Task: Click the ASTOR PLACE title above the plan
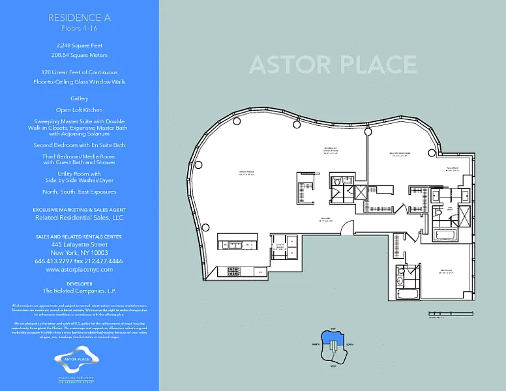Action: pos(333,65)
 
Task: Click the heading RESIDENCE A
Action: pos(80,18)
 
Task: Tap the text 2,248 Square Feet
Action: pos(80,46)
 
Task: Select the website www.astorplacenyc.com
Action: pos(80,269)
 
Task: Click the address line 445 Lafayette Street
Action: pos(80,244)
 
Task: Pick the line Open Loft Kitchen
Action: pos(80,110)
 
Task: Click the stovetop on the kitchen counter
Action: pos(233,271)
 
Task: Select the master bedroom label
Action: pos(399,154)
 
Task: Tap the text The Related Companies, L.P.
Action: pos(80,291)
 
